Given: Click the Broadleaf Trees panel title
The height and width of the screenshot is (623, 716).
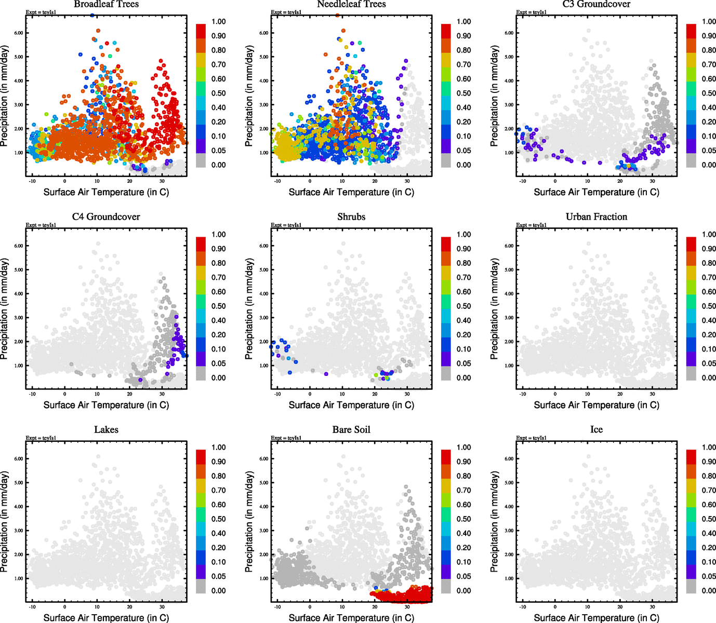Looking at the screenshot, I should (106, 4).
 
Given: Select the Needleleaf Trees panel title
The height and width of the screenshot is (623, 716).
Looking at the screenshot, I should (351, 4).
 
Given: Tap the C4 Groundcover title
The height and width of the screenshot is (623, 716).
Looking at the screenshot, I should (106, 216).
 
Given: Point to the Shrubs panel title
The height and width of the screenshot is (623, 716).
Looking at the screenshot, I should (351, 216).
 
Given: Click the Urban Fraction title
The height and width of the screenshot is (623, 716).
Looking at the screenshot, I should (596, 216).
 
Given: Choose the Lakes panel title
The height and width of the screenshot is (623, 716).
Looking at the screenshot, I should (106, 429).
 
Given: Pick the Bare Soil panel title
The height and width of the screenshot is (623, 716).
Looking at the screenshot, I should (351, 429).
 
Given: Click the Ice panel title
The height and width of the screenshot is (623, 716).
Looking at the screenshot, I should (596, 429).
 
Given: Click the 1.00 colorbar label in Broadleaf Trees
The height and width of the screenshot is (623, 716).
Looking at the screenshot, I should (218, 21).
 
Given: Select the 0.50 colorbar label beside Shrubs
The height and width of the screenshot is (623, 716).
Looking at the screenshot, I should (463, 306).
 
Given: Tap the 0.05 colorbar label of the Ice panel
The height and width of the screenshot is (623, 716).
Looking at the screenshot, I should (709, 576).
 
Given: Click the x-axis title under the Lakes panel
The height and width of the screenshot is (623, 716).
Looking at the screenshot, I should (106, 617).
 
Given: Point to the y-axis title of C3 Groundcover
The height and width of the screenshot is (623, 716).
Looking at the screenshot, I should (494, 96).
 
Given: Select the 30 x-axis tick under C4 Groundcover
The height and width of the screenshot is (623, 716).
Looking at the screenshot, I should (162, 394).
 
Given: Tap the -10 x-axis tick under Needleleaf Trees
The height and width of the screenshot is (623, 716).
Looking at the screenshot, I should (277, 181).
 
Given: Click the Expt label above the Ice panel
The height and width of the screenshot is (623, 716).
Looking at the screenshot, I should (531, 438).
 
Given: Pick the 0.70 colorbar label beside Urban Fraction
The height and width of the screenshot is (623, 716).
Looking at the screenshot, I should (709, 277).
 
